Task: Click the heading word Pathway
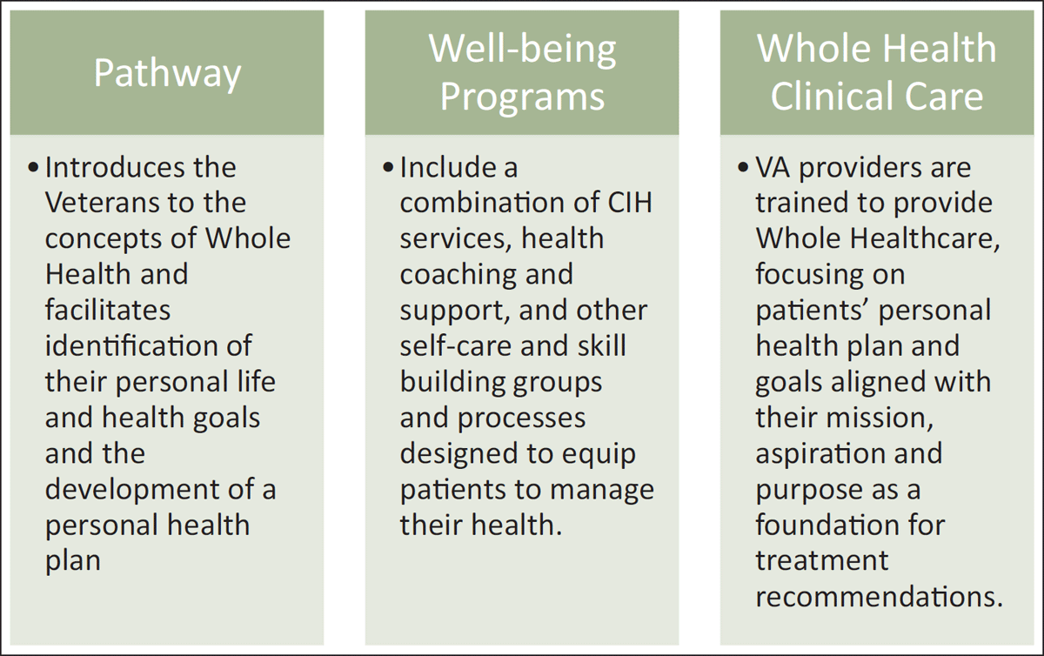click(x=167, y=73)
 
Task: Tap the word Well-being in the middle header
click(x=523, y=50)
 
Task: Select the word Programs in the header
click(x=523, y=97)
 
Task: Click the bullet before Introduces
click(x=33, y=168)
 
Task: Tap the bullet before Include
click(x=388, y=168)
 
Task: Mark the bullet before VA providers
click(x=743, y=168)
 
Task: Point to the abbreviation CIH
click(x=630, y=203)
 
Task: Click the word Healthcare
click(x=925, y=239)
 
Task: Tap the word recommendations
click(x=879, y=597)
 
